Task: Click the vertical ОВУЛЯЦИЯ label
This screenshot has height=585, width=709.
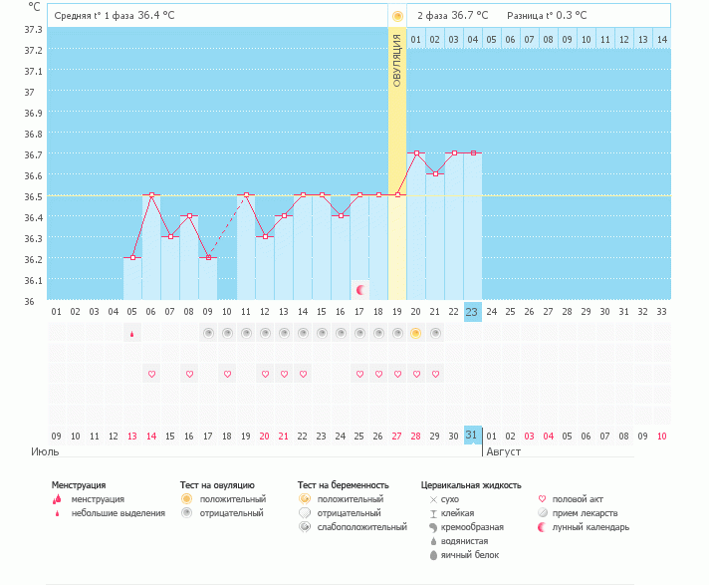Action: click(x=396, y=60)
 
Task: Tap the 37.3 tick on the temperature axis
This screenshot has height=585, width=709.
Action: click(x=33, y=29)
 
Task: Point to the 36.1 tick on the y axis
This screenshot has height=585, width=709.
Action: click(x=33, y=280)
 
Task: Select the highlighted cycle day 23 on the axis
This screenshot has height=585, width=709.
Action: click(x=472, y=311)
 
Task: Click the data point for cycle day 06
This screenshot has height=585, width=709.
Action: click(x=151, y=195)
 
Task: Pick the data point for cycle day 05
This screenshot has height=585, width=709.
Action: click(x=132, y=258)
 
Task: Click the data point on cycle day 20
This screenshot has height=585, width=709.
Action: click(x=416, y=153)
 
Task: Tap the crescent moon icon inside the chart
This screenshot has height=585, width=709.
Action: click(x=360, y=289)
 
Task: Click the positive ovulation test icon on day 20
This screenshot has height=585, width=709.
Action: click(x=416, y=333)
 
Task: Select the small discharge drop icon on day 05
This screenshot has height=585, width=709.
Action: click(x=132, y=334)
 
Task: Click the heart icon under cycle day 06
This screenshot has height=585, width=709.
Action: click(x=151, y=374)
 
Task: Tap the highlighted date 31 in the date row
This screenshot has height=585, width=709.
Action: click(x=472, y=436)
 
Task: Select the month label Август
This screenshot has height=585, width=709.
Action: click(x=504, y=451)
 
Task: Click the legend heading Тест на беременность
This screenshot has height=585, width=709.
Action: click(x=343, y=485)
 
